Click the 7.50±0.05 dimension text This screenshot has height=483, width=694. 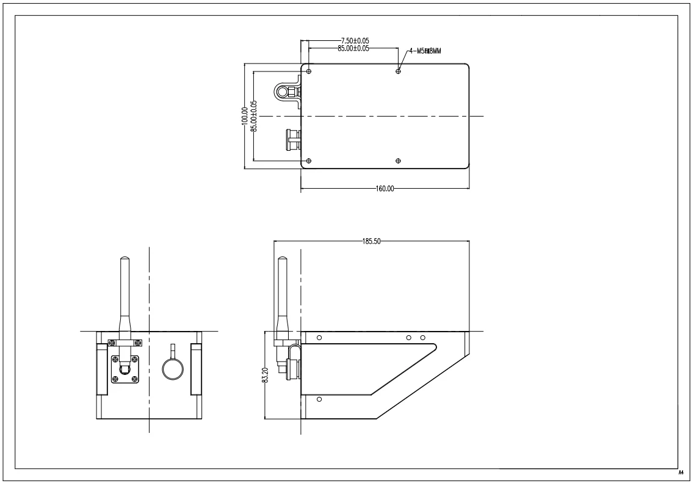click(x=355, y=41)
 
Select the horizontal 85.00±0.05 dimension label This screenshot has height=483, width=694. click(x=353, y=48)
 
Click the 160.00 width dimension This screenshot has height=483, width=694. click(x=385, y=189)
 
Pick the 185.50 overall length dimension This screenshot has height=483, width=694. click(x=371, y=241)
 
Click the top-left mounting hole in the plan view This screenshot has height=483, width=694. click(x=309, y=71)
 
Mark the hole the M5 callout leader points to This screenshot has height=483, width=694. click(x=399, y=71)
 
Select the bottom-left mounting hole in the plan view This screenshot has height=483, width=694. click(x=309, y=161)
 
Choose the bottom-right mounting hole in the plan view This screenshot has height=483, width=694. click(x=399, y=161)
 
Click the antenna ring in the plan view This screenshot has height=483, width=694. click(x=283, y=92)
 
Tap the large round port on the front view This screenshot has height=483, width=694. click(x=173, y=368)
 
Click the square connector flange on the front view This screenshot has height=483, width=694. click(x=125, y=369)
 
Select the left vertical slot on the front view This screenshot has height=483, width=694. click(x=101, y=369)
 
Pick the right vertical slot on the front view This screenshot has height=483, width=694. click(x=196, y=369)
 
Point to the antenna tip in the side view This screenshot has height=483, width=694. click(x=282, y=261)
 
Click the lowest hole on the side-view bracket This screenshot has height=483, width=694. click(x=320, y=399)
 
